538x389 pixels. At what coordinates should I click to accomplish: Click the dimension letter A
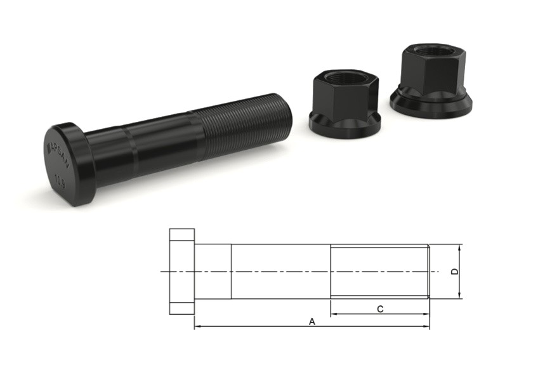tap(312, 322)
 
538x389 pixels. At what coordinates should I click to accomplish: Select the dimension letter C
tap(379, 309)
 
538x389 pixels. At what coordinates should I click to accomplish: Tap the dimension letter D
tap(454, 272)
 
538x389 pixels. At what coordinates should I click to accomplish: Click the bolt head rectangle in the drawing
tap(181, 271)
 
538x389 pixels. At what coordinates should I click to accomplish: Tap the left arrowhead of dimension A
tap(197, 327)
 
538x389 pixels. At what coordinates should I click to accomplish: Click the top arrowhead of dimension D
tap(459, 247)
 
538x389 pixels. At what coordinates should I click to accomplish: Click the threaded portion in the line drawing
tap(379, 272)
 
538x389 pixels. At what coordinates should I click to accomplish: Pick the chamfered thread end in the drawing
tap(429, 272)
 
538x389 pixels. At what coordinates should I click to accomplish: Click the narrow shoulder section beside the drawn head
tap(212, 272)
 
